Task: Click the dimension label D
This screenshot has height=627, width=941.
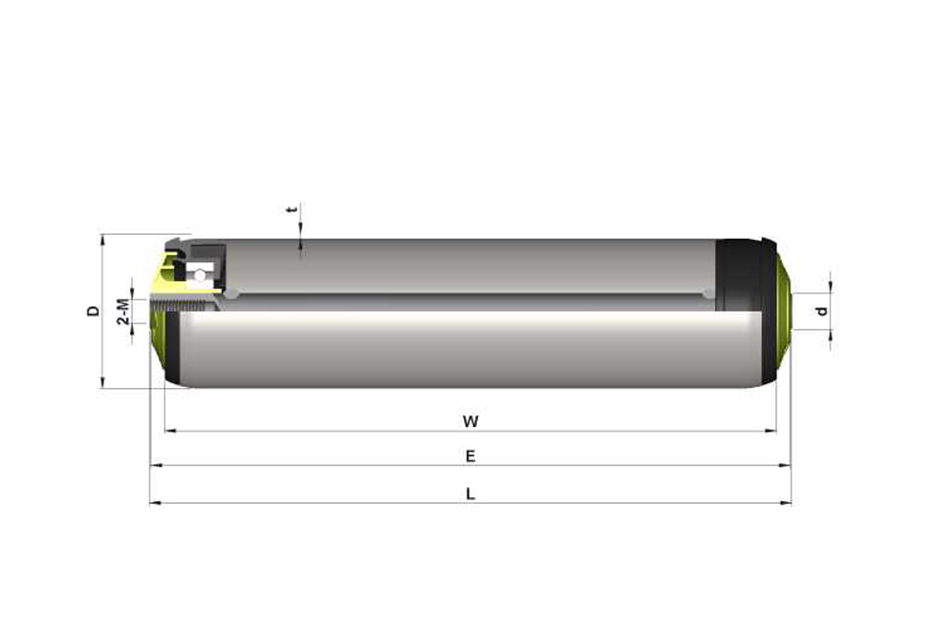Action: [x=93, y=310]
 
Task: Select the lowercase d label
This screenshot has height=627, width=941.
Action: [x=822, y=311]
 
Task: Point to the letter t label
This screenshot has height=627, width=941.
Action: [x=293, y=210]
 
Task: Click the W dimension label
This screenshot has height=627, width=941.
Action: [x=470, y=421]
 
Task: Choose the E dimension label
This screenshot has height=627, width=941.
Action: [x=470, y=457]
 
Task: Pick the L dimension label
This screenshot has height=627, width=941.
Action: [x=470, y=494]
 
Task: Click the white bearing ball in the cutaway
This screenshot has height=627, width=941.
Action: [x=199, y=275]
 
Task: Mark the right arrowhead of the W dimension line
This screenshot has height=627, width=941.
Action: [x=771, y=431]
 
